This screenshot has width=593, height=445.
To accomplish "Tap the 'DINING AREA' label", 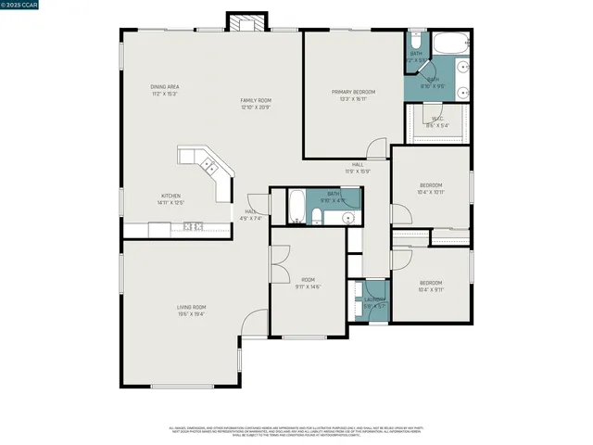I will click(165, 87).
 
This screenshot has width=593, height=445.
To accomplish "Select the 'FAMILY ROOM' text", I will click(255, 100).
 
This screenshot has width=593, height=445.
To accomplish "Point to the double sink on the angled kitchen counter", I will click(209, 168).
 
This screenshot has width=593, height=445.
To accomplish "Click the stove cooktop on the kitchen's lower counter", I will click(194, 226).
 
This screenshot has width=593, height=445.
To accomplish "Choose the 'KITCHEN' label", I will click(171, 196).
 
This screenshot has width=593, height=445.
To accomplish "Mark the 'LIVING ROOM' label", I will click(192, 307).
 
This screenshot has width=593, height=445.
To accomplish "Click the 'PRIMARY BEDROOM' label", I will click(354, 92).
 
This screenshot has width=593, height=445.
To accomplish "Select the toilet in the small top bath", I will click(416, 43).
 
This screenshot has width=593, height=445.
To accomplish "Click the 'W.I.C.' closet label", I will click(438, 119).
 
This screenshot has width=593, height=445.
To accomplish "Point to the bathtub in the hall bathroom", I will click(296, 207).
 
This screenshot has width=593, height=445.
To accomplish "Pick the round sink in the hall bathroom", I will click(348, 219).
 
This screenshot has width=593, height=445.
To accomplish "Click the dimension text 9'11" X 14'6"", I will click(309, 286).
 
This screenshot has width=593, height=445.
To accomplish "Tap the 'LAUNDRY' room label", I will click(374, 299).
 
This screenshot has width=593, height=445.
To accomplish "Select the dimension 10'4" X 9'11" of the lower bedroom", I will click(431, 289).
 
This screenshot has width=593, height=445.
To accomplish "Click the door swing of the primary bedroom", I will click(375, 148).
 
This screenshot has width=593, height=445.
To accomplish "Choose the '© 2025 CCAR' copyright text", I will click(20, 6).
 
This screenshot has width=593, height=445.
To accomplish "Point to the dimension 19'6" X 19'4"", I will click(192, 314).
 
